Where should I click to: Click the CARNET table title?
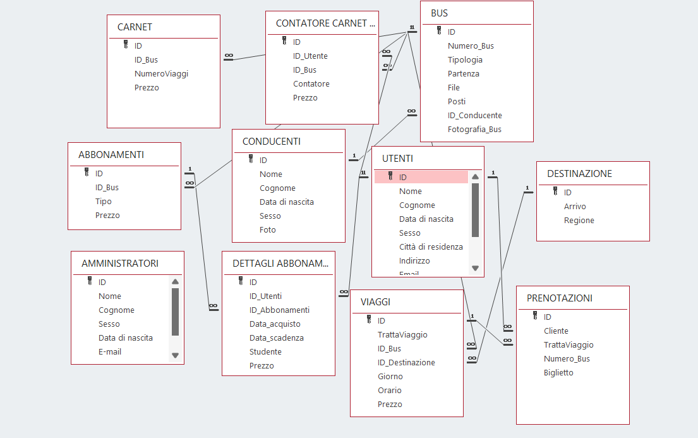(135, 27)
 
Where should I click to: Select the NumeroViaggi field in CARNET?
(161, 74)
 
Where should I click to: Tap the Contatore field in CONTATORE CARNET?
(311, 84)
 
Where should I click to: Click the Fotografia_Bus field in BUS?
(474, 130)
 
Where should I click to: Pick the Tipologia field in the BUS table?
(465, 60)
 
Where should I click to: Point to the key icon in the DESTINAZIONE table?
(555, 192)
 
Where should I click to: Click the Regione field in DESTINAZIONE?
(579, 221)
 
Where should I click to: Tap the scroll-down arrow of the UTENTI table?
(476, 268)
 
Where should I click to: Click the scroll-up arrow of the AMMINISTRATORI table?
(175, 282)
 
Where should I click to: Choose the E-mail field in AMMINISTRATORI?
(110, 352)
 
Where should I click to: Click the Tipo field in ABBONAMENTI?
(104, 202)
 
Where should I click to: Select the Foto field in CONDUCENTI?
(268, 230)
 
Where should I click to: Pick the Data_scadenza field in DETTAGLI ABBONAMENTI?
(276, 338)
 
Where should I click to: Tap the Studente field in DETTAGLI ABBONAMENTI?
(265, 352)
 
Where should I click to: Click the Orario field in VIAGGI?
(389, 391)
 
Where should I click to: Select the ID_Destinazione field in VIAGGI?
(406, 363)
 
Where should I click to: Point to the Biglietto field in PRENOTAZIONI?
(558, 373)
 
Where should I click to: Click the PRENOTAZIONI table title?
(559, 298)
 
